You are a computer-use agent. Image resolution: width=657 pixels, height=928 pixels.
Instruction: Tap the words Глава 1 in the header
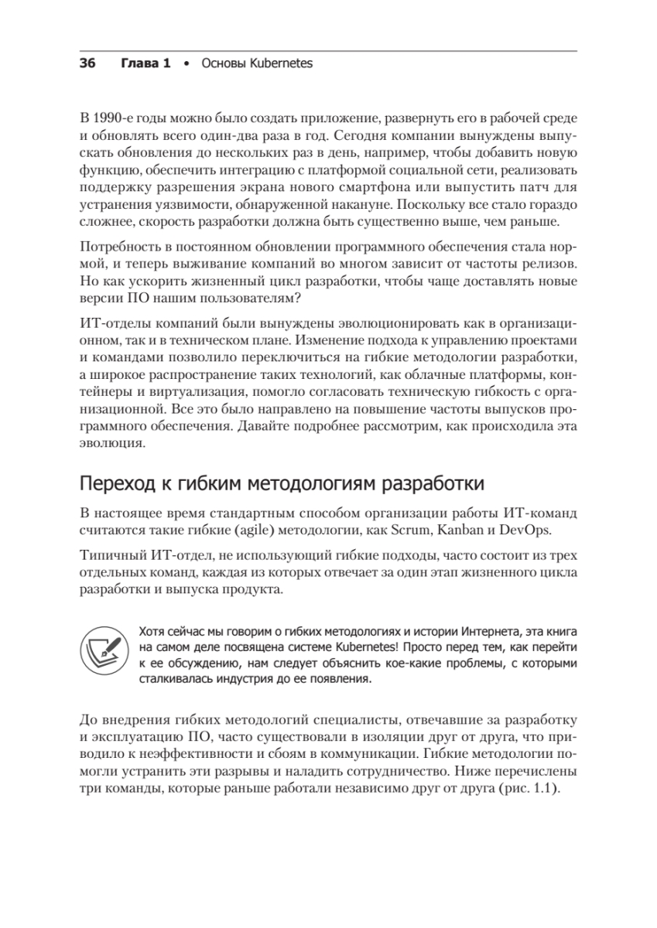click(145, 63)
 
